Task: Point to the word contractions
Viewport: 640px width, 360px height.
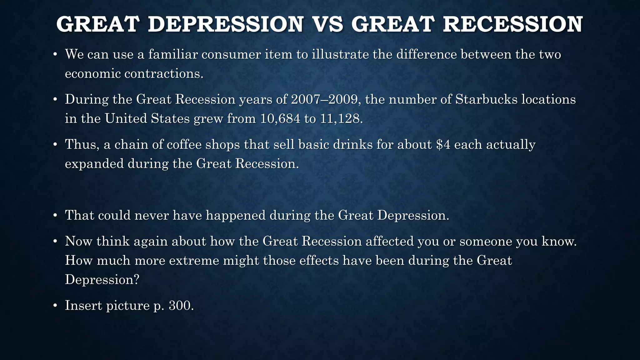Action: [164, 74]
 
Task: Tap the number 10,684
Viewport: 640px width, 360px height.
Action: [280, 119]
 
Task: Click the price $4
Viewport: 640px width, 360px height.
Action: [443, 144]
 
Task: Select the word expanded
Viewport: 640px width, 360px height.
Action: [94, 164]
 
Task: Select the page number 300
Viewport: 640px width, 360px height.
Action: [181, 305]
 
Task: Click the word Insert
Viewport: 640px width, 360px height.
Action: [83, 305]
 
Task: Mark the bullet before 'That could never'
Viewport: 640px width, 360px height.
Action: [55, 216]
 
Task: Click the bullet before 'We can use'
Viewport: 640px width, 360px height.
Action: [55, 55]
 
